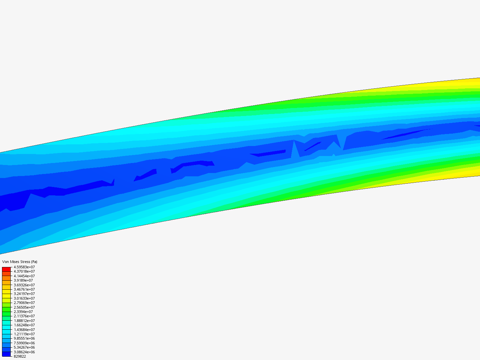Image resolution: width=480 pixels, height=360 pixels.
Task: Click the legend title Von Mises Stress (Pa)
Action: point(20,262)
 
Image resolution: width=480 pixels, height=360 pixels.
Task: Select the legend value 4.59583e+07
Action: point(24,267)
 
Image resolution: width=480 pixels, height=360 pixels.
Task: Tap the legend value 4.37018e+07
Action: point(24,271)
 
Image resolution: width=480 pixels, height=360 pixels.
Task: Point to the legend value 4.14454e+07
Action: point(24,276)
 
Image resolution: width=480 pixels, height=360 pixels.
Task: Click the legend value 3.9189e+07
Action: point(23,280)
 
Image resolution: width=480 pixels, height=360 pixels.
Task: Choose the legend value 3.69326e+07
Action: point(24,285)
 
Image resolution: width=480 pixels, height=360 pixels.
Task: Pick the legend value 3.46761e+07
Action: point(24,289)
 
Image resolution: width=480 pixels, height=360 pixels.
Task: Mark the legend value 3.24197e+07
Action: point(24,294)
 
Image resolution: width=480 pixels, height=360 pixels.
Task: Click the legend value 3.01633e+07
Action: point(24,298)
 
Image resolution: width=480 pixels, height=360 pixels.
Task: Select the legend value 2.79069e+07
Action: point(24,303)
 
